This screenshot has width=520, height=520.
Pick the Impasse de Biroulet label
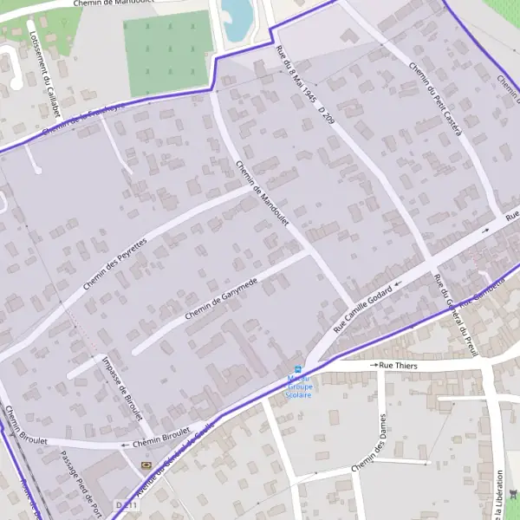121,389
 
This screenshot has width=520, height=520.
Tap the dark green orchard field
169,54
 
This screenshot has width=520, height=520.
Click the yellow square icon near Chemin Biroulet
145,465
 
